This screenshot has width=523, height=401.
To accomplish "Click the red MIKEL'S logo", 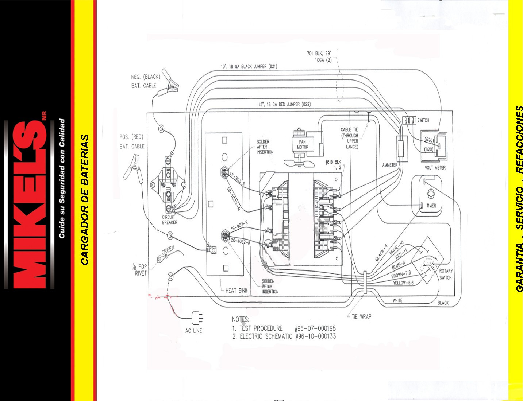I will pyautogui.click(x=29, y=204).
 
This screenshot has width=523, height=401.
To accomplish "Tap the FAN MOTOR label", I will pyautogui.click(x=303, y=144).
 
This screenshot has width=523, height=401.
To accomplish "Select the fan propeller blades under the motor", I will pyautogui.click(x=299, y=163).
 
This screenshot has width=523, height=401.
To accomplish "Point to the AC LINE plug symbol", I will pyautogui.click(x=198, y=318).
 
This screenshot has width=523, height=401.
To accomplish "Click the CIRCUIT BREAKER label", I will pyautogui.click(x=169, y=219).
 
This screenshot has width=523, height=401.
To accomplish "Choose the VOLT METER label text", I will pyautogui.click(x=435, y=168).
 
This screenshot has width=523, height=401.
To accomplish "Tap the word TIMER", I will pyautogui.click(x=431, y=206).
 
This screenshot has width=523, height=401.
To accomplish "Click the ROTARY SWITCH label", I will pyautogui.click(x=445, y=274).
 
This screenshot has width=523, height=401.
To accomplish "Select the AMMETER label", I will pyautogui.click(x=390, y=165).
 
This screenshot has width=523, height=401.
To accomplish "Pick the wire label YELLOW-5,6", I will pyautogui.click(x=403, y=283).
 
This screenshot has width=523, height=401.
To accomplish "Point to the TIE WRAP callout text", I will pyautogui.click(x=361, y=316).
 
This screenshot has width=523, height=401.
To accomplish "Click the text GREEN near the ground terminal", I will pyautogui.click(x=168, y=250).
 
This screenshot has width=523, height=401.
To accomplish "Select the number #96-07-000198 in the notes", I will pyautogui.click(x=315, y=328).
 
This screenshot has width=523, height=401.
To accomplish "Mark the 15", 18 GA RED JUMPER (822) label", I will pyautogui.click(x=284, y=104).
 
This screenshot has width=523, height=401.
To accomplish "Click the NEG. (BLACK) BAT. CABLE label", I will pyautogui.click(x=145, y=81).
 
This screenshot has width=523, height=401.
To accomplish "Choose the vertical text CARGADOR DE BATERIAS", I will pyautogui.click(x=85, y=200).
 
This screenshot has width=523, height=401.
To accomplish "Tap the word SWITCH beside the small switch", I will pyautogui.click(x=423, y=120).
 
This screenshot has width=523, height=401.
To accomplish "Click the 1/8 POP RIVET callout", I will pyautogui.click(x=140, y=270).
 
